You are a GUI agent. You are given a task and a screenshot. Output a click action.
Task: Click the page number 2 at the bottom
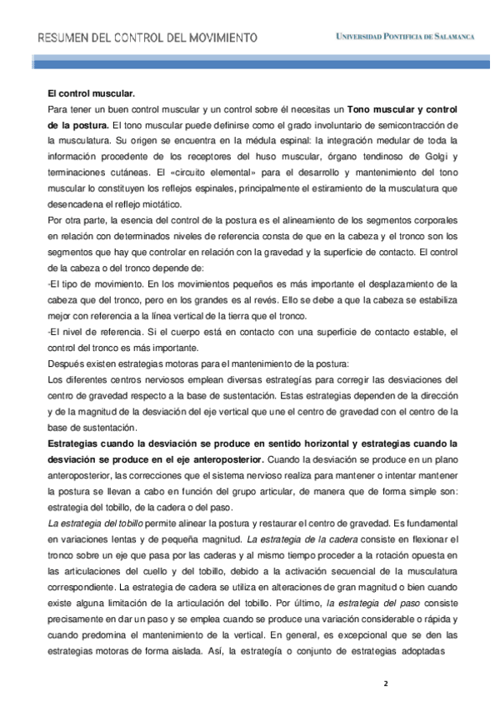385,683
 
